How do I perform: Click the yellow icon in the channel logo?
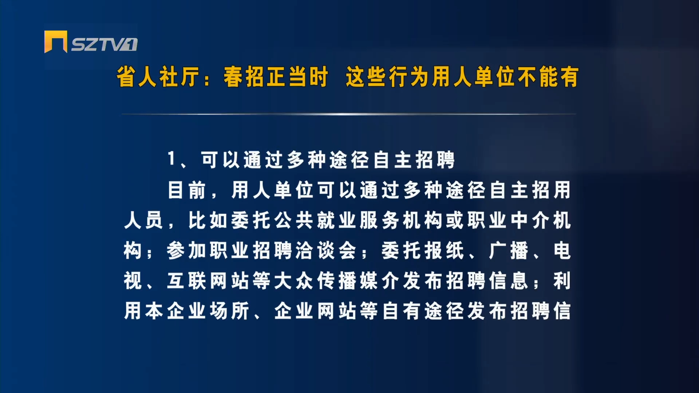(56, 41)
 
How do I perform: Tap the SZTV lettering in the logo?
(104, 44)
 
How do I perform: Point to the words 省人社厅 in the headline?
(158, 77)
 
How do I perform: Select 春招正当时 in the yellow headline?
(276, 77)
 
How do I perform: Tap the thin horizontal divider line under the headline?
(349, 114)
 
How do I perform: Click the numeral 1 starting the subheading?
(171, 159)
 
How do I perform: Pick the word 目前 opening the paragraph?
(187, 190)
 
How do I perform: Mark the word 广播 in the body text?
(509, 251)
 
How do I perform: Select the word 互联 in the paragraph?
(187, 281)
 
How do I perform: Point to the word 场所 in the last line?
(230, 311)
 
